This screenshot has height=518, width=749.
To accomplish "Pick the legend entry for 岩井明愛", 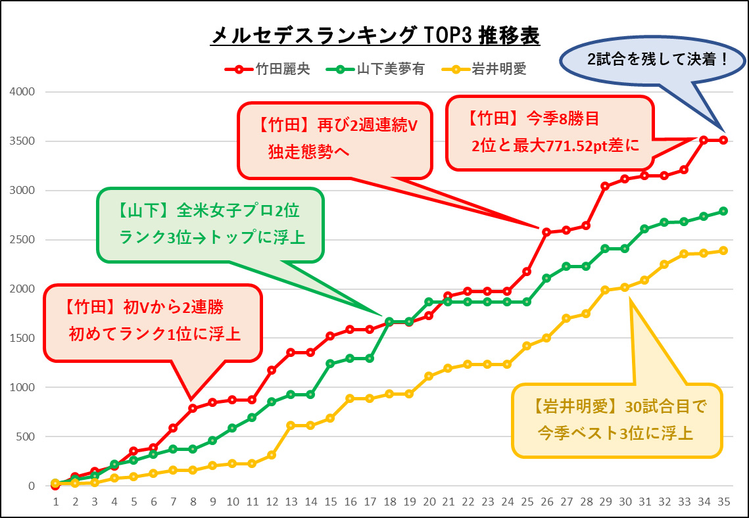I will [x=485, y=68].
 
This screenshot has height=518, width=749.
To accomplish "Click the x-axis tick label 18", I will [x=389, y=501].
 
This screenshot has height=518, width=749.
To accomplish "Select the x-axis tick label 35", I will [x=723, y=501].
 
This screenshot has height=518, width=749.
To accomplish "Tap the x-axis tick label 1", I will [x=55, y=501].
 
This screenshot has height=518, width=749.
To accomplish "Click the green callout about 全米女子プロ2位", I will [x=210, y=224].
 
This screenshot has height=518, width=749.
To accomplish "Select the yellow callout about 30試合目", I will [x=616, y=421].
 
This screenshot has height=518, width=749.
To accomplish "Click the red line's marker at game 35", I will [x=723, y=140].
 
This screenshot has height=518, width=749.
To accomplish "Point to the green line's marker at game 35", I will [x=723, y=211].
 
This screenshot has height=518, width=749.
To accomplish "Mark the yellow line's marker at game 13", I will [x=291, y=425].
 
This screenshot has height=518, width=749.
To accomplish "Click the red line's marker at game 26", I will [x=546, y=232].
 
